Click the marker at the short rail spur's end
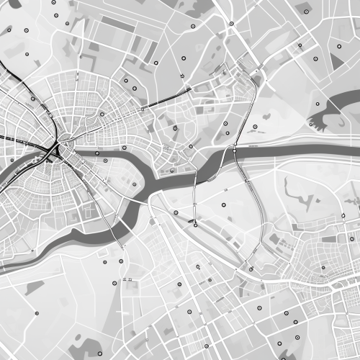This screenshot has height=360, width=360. pos(195,225)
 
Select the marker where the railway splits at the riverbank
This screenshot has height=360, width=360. pos(235,150)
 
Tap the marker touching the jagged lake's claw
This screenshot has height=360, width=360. pos(318,103)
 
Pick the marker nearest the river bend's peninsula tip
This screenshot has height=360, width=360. pos(134,185)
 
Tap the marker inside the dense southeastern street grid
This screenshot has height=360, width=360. pos(323,268)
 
